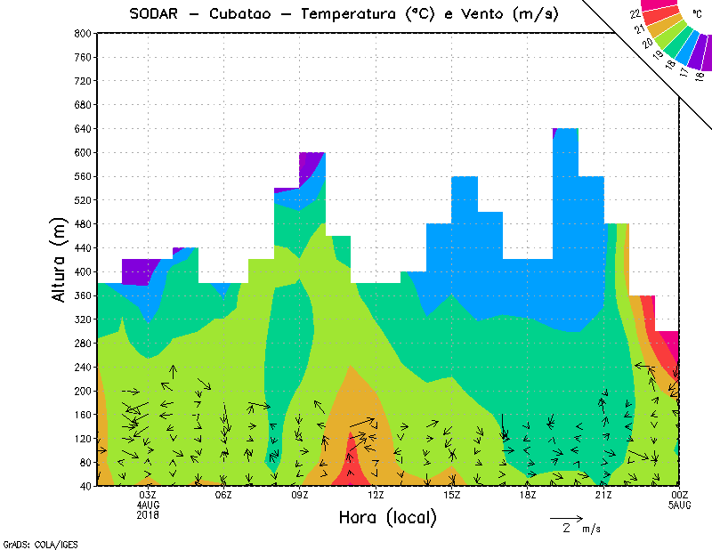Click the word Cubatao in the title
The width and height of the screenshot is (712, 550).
point(244,13)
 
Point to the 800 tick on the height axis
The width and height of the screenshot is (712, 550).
point(81,33)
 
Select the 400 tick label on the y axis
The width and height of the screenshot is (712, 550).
point(81,272)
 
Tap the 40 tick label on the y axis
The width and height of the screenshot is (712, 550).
point(85,486)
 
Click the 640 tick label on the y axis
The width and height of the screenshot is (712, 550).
point(81,129)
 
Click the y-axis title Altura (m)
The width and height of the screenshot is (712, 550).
point(60,258)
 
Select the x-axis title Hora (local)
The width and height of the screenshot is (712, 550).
point(387,517)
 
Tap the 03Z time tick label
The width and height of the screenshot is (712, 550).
point(148,495)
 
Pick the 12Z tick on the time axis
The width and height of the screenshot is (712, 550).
point(376,495)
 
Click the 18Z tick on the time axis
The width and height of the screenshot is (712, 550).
point(528,495)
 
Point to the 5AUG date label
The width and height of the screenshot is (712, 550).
point(679,505)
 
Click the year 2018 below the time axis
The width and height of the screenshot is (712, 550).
point(148,514)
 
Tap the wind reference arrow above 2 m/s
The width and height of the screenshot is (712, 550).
point(566,516)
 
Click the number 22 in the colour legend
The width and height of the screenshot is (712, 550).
point(635,14)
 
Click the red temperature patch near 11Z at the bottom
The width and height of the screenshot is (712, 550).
point(352,463)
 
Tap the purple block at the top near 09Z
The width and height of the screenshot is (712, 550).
point(311,164)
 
